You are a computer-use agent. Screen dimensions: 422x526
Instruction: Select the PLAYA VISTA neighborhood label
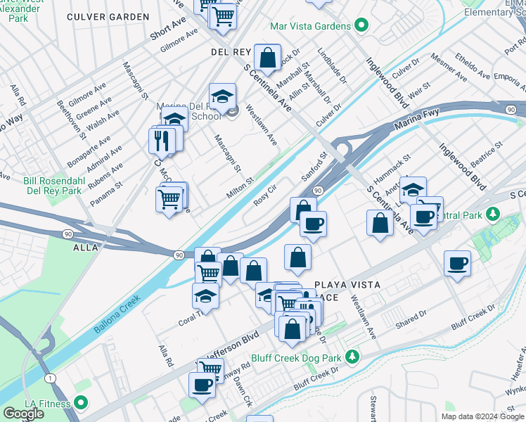tap(347, 285)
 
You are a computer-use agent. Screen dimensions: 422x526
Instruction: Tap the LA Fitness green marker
tap(81, 404)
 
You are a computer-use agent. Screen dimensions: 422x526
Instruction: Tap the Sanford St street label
tap(315, 167)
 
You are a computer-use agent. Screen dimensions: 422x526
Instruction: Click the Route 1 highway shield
tap(49, 379)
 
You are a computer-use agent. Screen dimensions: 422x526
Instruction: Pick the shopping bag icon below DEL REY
tap(268, 56)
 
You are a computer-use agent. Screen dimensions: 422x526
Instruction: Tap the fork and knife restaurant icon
tap(162, 140)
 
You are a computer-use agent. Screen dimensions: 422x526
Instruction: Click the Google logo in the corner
tap(23, 413)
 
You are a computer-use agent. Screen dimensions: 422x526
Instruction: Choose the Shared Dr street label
tap(411, 319)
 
